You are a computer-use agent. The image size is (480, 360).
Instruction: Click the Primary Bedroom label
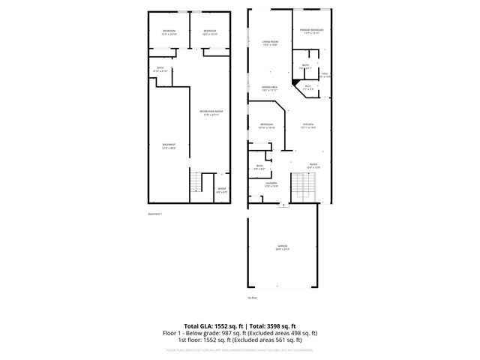tap(310, 31)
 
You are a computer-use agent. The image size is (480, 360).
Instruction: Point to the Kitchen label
tap(308, 125)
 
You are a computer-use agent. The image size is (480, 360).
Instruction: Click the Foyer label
tap(314, 166)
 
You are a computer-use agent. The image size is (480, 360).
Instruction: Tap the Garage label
tap(281, 247)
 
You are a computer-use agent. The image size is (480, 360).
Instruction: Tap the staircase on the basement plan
tap(197, 182)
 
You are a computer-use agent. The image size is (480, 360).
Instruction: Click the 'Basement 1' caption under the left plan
tap(155, 213)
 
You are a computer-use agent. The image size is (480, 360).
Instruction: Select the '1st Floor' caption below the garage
tap(252, 298)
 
